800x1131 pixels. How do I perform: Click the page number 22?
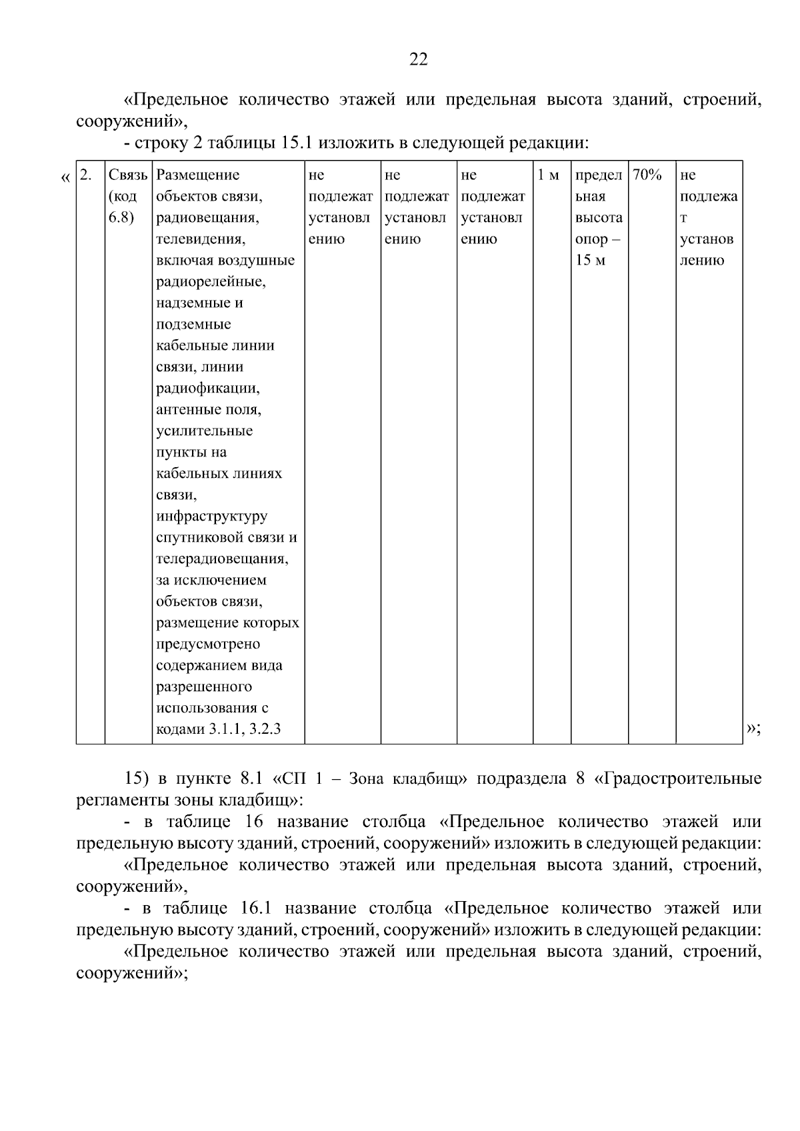tap(418, 60)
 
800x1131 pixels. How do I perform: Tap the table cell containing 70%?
tap(647, 175)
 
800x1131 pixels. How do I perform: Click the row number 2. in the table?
tap(85, 175)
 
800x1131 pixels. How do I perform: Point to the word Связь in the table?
tap(127, 175)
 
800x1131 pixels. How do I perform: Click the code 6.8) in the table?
tap(121, 218)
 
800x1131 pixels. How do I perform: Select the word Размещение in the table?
tap(197, 175)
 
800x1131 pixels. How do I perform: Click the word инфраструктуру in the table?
tap(211, 517)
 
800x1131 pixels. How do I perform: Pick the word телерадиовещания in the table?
tap(222, 559)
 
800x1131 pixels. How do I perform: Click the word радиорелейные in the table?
tap(211, 282)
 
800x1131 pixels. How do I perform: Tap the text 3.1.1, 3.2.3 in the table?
tap(245, 729)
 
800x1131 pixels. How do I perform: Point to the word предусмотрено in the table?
tap(208, 644)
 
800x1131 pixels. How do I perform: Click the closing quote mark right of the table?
tap(753, 729)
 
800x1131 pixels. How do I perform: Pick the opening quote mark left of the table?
tap(65, 177)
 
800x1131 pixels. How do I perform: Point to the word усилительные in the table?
tap(204, 431)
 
